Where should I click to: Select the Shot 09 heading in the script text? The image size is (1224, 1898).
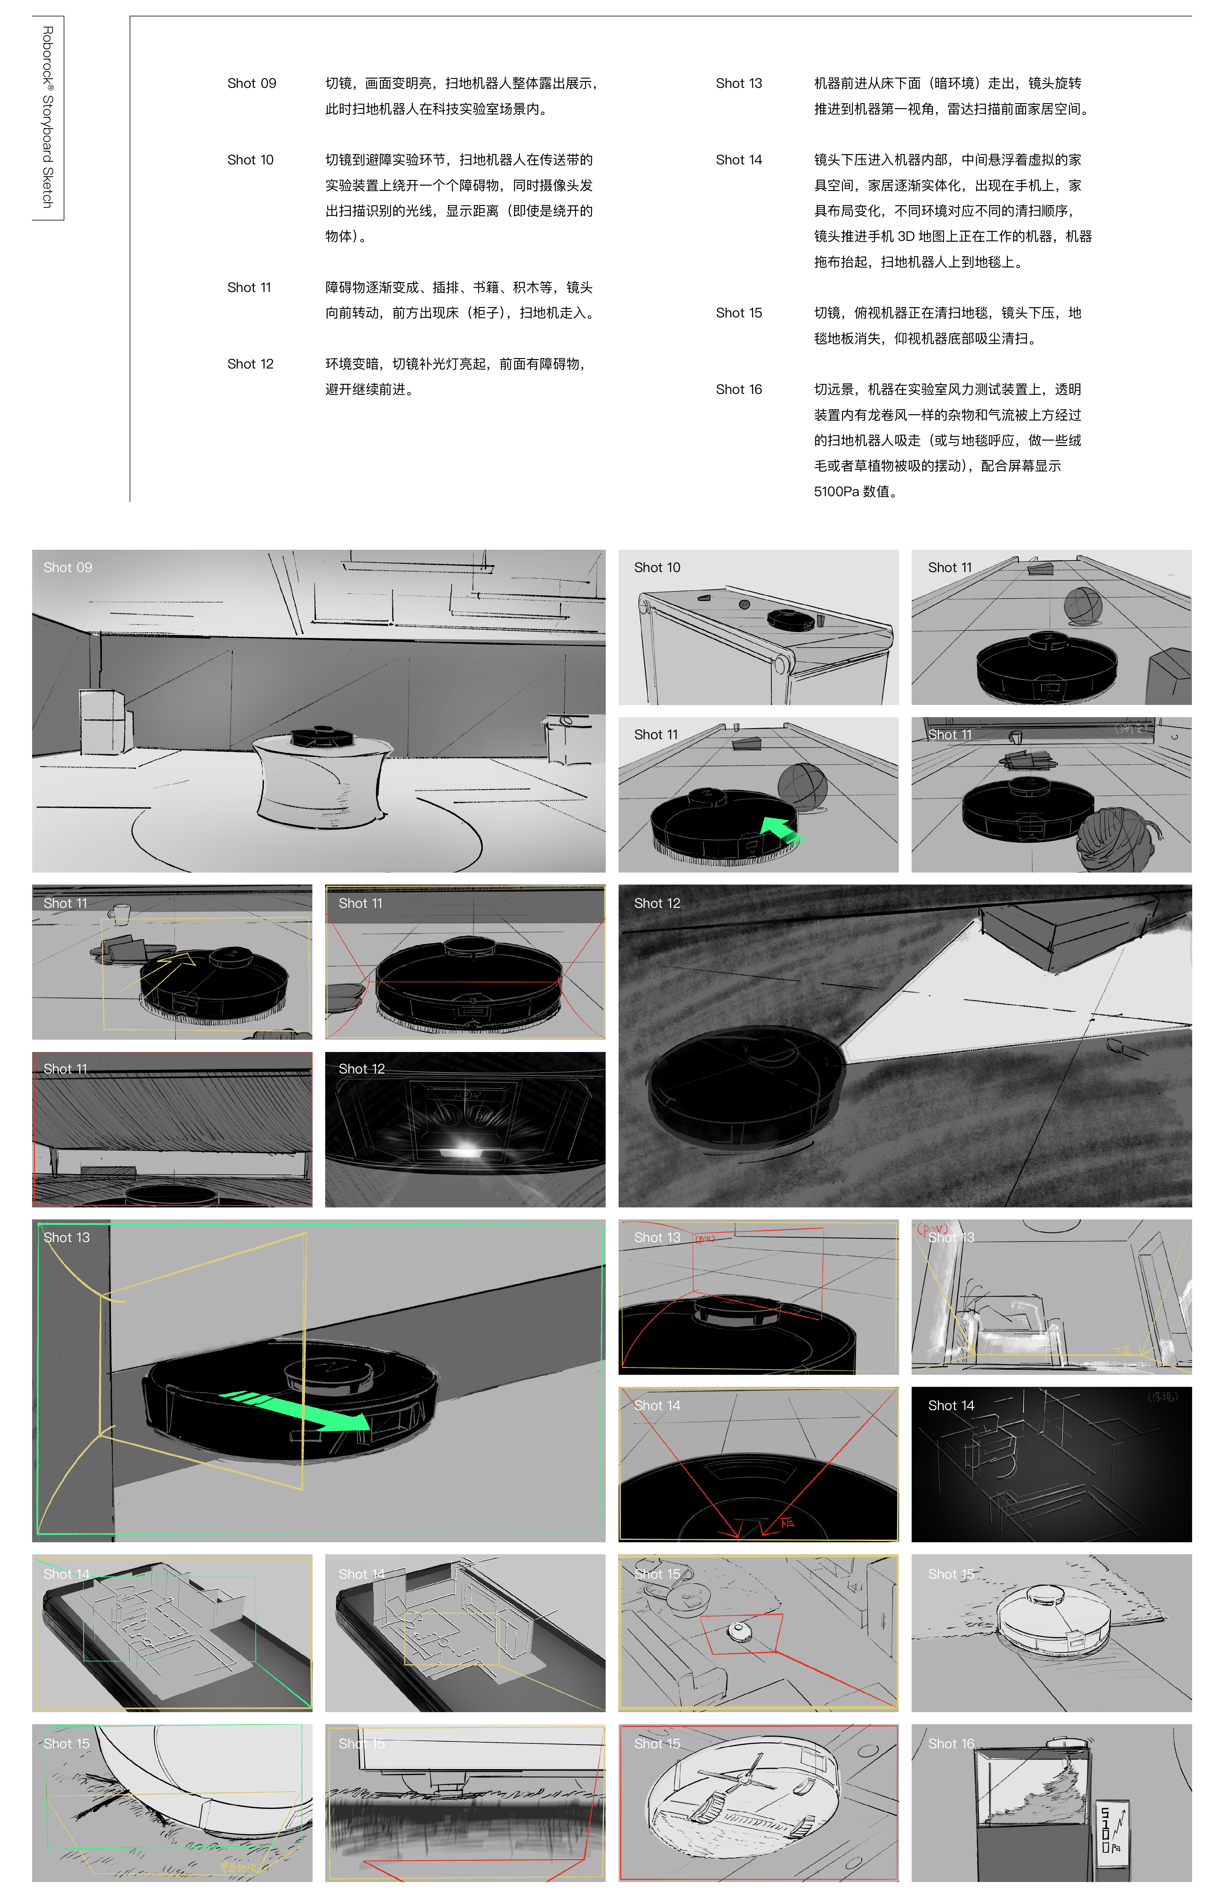point(251,84)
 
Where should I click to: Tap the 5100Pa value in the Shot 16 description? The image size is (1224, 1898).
point(837,491)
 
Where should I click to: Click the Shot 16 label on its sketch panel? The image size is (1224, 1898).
point(951,1744)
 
